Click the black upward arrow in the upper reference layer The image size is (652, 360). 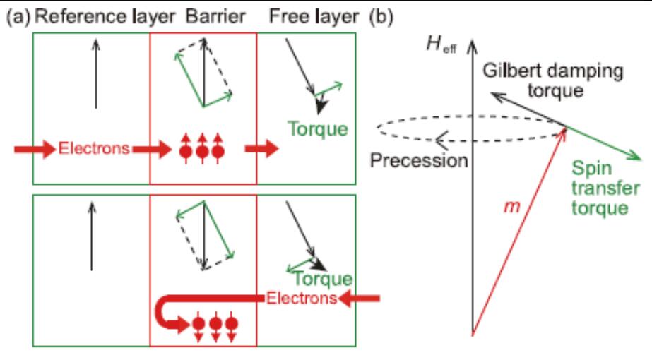click(96, 74)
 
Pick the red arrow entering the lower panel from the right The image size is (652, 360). click(360, 299)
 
